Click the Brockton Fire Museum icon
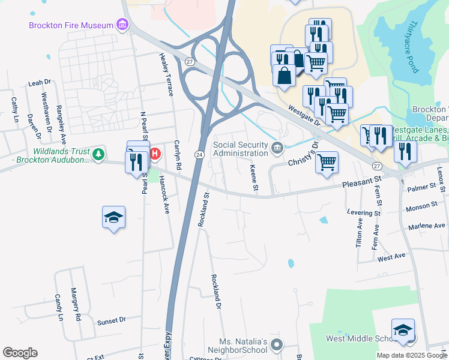point(123,25)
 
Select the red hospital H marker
point(154,154)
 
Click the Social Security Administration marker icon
point(277,148)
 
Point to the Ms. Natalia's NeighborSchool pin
point(276,344)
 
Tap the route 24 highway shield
point(198,155)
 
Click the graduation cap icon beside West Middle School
point(403,330)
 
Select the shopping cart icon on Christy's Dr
point(327,162)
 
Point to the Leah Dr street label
point(40,83)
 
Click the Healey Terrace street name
point(166,74)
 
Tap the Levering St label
point(364,212)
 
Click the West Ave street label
point(391,257)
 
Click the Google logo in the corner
point(20,353)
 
